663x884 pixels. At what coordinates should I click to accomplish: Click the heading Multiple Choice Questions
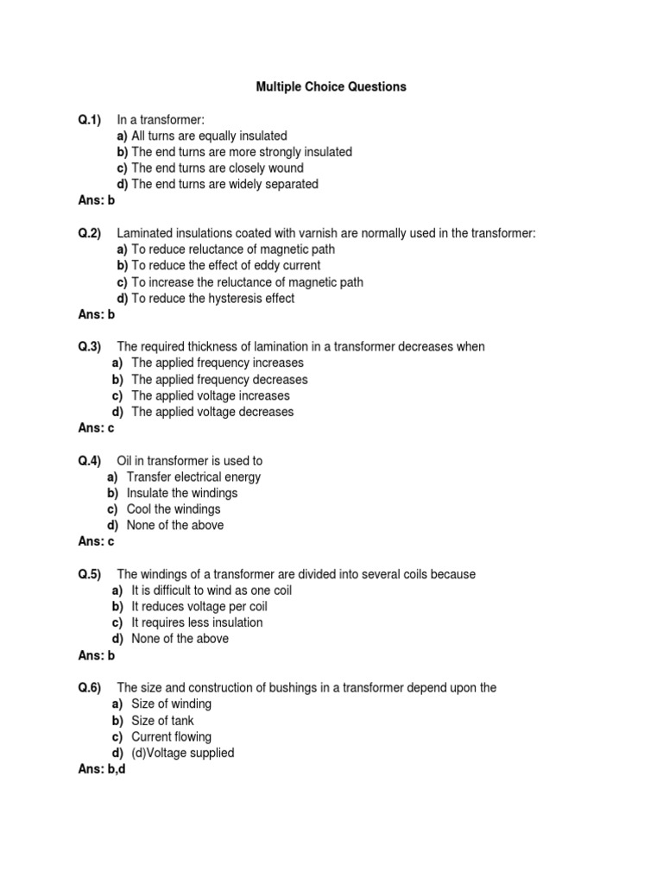point(331,87)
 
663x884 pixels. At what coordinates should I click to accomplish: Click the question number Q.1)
point(90,119)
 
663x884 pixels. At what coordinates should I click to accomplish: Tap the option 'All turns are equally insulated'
point(209,136)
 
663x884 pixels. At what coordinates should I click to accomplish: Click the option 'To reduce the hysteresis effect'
point(212,299)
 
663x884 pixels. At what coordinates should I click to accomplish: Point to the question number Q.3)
point(90,346)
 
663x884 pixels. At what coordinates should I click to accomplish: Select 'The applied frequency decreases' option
point(219,380)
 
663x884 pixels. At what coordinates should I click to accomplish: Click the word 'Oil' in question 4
point(126,461)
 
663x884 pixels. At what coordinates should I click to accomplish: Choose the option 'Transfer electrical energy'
point(193,477)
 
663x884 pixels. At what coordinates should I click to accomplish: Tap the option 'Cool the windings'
point(174,509)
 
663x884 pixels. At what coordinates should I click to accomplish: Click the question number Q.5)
point(90,574)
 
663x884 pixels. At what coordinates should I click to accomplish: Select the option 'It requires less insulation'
point(197,622)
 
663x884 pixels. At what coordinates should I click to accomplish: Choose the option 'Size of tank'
point(162,721)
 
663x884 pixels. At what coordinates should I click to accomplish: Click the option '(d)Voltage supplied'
point(182,753)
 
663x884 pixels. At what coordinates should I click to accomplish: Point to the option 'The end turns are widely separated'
point(224,184)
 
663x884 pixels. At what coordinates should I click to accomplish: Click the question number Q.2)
point(90,233)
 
